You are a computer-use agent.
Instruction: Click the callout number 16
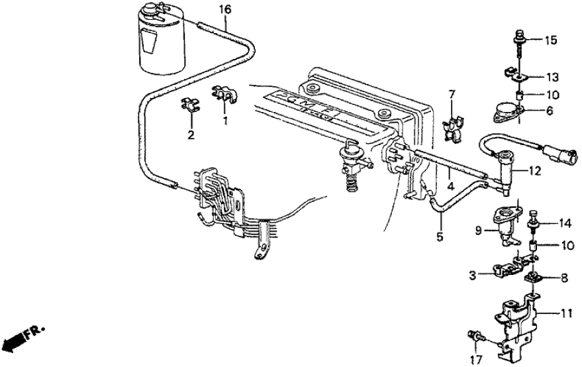(x=225, y=9)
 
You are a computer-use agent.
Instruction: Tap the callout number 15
(x=552, y=40)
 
